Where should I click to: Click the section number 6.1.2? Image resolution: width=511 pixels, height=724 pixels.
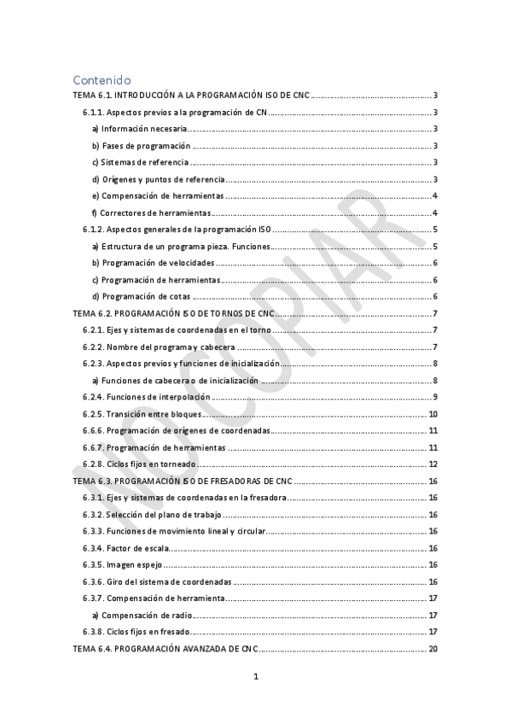point(93,229)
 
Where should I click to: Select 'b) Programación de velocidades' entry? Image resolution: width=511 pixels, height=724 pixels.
point(153,263)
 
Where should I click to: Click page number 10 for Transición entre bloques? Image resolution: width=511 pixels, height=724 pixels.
point(433,414)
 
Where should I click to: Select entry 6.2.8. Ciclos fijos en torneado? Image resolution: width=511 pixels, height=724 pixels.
point(140,464)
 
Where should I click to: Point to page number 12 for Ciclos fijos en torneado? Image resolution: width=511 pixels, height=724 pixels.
point(433,464)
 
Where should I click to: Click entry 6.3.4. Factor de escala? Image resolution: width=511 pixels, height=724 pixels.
point(125,548)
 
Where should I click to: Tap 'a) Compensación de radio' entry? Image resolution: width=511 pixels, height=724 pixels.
point(142,616)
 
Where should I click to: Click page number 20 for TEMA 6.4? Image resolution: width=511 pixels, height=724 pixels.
point(433,649)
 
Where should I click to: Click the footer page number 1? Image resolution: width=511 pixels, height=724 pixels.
point(255,678)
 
